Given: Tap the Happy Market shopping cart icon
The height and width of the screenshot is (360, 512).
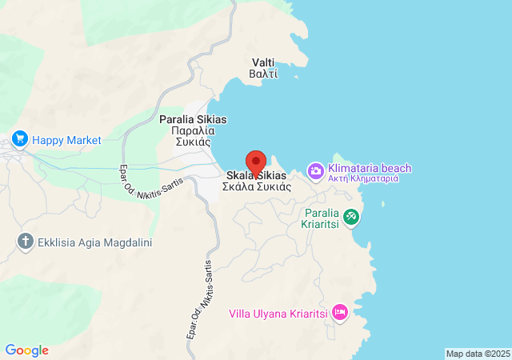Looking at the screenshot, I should pyautogui.click(x=20, y=140).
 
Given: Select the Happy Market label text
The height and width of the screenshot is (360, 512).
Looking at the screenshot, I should pyautogui.click(x=67, y=140).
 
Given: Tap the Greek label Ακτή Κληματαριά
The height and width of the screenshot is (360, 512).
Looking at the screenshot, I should pyautogui.click(x=363, y=179).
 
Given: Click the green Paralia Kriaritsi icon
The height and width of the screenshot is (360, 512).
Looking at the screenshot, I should pyautogui.click(x=350, y=216).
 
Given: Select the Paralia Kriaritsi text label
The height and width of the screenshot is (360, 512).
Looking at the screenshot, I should pyautogui.click(x=322, y=218).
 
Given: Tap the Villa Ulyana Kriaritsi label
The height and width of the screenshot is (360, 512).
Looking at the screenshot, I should pyautogui.click(x=278, y=314).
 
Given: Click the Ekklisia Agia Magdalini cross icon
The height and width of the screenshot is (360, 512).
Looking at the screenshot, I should pyautogui.click(x=26, y=241).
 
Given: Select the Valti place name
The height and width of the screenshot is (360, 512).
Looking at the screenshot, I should pyautogui.click(x=264, y=62).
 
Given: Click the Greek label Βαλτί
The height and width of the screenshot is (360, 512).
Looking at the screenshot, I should pyautogui.click(x=264, y=74).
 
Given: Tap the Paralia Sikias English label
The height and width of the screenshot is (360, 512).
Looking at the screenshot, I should pyautogui.click(x=193, y=119).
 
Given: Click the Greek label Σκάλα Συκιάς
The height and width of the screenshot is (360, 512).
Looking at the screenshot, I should pyautogui.click(x=256, y=186).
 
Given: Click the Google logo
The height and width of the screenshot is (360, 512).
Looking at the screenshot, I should pyautogui.click(x=27, y=350).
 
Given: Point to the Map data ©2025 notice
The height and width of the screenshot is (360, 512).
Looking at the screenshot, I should pyautogui.click(x=477, y=354).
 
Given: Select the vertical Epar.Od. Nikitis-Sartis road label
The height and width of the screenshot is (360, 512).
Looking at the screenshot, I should pyautogui.click(x=201, y=300).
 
